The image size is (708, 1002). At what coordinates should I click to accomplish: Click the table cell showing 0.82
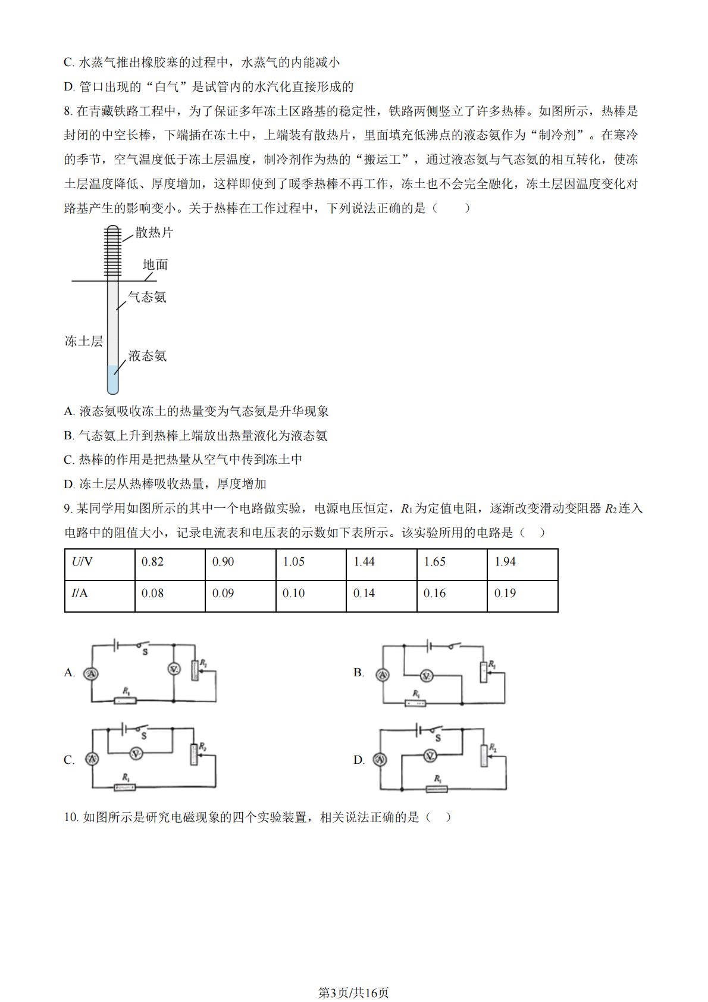pyautogui.click(x=170, y=563)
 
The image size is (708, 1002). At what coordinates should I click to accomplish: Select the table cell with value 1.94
pyautogui.click(x=522, y=563)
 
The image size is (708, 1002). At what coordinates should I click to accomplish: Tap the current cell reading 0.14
pyautogui.click(x=381, y=594)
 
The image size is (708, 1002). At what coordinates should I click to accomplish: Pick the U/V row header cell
pyautogui.click(x=99, y=563)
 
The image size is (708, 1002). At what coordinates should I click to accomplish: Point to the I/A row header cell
pyautogui.click(x=99, y=594)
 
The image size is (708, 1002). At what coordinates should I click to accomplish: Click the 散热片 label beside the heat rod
pyautogui.click(x=154, y=233)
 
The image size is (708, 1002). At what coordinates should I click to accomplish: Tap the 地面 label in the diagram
pyautogui.click(x=155, y=264)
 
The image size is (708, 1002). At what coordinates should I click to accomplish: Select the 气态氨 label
pyautogui.click(x=147, y=297)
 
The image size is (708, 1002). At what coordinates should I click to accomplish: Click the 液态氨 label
pyautogui.click(x=147, y=356)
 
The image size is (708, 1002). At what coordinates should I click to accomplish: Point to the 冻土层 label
pyautogui.click(x=83, y=341)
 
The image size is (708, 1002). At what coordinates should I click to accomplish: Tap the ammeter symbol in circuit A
pyautogui.click(x=91, y=673)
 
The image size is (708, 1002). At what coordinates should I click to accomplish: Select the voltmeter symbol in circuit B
pyautogui.click(x=426, y=676)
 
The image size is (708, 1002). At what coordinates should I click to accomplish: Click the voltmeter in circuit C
pyautogui.click(x=136, y=754)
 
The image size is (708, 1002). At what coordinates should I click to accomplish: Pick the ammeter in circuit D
pyautogui.click(x=380, y=759)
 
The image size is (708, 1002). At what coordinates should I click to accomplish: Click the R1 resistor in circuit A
pyautogui.click(x=125, y=701)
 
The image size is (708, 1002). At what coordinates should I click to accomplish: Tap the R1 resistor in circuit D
pyautogui.click(x=437, y=789)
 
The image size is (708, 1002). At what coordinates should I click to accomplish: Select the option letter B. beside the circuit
pyautogui.click(x=359, y=673)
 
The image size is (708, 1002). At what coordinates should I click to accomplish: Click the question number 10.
pyautogui.click(x=71, y=817)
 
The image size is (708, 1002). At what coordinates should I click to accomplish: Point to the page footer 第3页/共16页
pyautogui.click(x=353, y=992)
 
